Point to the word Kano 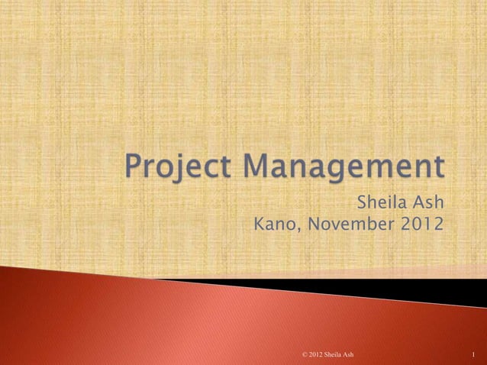[x=273, y=226]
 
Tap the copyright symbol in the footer [x=305, y=354]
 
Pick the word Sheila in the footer [x=335, y=354]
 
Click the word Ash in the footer [x=350, y=354]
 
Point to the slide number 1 [x=474, y=354]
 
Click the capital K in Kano [x=259, y=226]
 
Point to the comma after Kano [x=295, y=231]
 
